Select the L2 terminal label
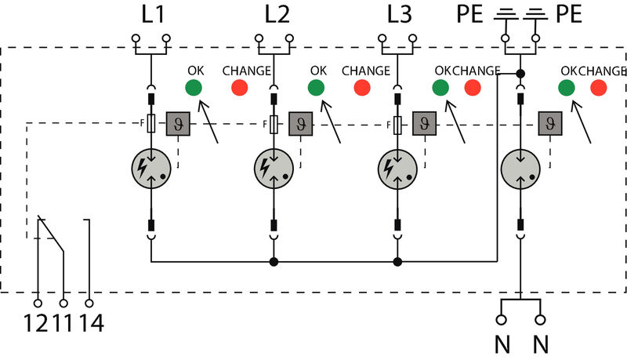point(275,14)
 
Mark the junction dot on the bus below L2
point(274,261)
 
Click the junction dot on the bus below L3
point(397,261)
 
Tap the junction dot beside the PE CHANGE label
point(520,74)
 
